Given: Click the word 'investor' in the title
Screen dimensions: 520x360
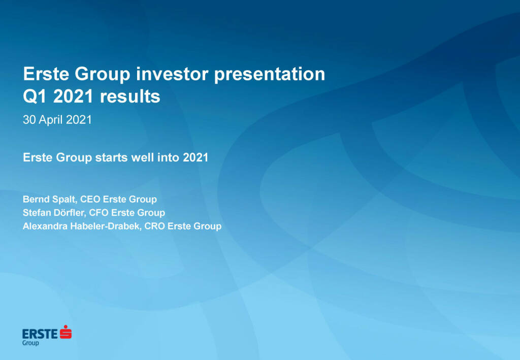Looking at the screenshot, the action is tap(172, 74).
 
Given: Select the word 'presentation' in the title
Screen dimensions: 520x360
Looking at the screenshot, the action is tap(270, 75).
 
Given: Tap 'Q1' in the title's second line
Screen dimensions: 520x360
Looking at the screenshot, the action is tap(35, 97).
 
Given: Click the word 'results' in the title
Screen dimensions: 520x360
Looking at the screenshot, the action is tap(130, 97).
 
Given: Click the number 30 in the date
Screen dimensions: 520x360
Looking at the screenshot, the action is tap(29, 120).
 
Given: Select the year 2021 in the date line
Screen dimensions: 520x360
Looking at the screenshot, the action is tap(79, 120).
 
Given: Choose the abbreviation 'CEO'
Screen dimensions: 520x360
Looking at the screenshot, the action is tap(90, 199).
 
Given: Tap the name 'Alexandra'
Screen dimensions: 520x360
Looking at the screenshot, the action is tap(45, 226).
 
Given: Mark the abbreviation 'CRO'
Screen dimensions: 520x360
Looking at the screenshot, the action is tap(154, 226).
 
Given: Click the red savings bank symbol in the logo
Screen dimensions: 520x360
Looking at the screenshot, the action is tap(66, 332).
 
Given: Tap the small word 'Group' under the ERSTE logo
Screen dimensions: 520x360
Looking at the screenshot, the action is tap(30, 343).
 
